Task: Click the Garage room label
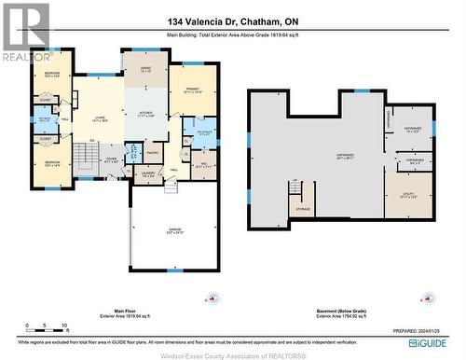[x=174, y=233]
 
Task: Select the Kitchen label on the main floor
[x=145, y=115]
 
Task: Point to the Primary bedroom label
[x=194, y=90]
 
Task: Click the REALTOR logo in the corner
[x=25, y=32]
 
